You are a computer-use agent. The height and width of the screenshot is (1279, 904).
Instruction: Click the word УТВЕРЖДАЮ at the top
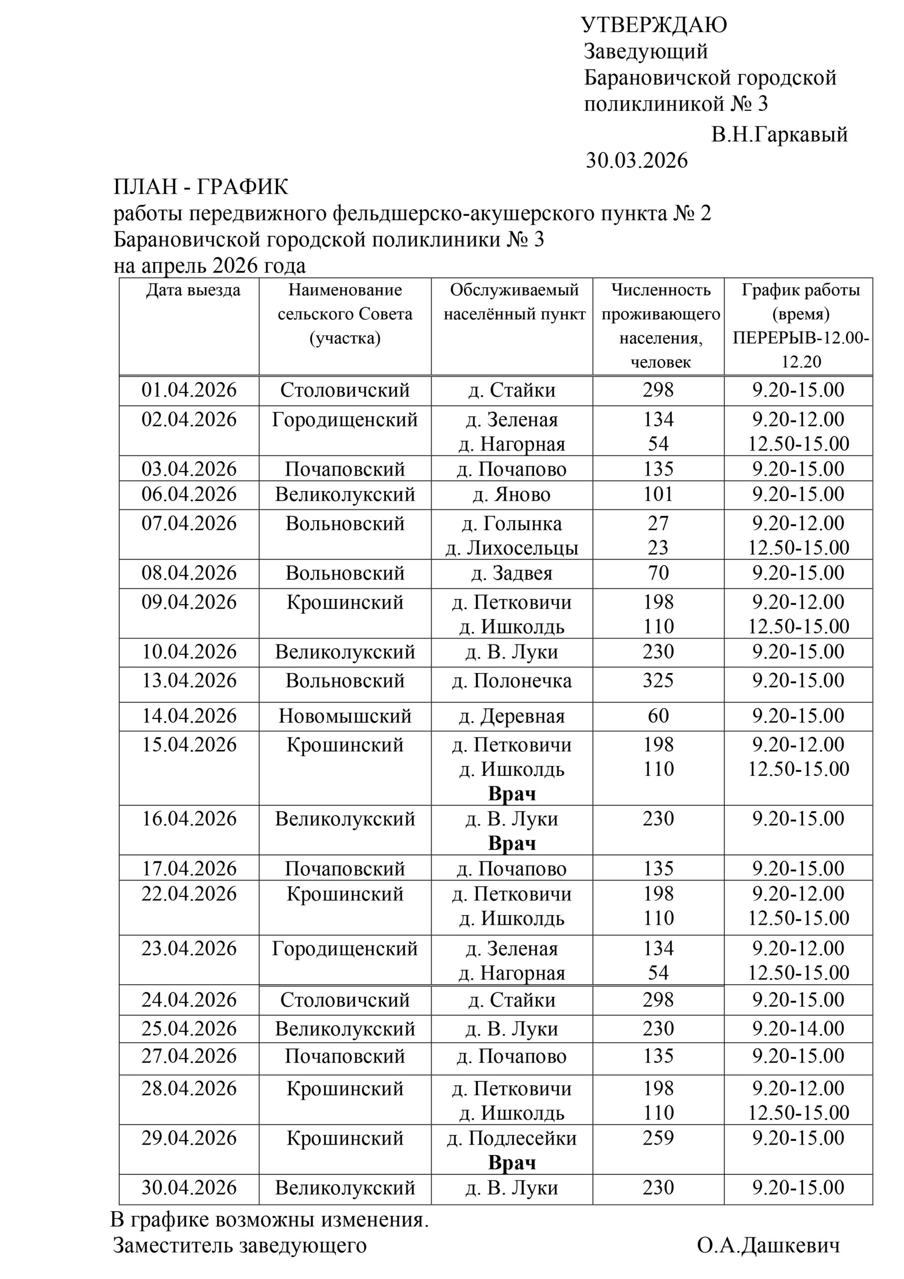coord(654,25)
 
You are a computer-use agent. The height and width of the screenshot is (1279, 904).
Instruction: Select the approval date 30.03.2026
coord(637,160)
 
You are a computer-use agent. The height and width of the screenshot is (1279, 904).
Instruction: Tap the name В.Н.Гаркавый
coord(779,134)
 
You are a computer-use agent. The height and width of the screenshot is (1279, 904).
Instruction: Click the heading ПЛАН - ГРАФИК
coord(201,187)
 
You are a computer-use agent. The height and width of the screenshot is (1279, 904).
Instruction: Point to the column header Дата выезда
coord(193,290)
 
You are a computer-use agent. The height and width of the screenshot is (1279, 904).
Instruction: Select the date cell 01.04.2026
coord(189,390)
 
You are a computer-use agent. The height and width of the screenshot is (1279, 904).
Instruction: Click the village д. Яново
coord(511,494)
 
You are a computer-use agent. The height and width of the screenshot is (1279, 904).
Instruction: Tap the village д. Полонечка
coord(511,681)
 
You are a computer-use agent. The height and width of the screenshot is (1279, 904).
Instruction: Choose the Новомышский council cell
coord(345,716)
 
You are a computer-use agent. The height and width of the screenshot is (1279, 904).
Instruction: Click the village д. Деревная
coord(511,716)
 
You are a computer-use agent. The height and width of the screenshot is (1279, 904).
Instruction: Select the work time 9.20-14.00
coord(798,1028)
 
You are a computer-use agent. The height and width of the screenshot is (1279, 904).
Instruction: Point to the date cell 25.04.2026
coord(189,1028)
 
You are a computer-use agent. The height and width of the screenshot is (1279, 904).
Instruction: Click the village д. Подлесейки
coord(511,1138)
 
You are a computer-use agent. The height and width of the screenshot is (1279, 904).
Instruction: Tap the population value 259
coord(658,1138)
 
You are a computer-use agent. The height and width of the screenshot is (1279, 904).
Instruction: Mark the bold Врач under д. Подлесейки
coord(511,1163)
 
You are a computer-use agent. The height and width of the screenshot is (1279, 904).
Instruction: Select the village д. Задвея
coord(511,573)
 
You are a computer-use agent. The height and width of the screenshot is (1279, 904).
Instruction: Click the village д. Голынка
coord(511,524)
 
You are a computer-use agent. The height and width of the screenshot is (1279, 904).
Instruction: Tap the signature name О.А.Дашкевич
coord(768,1245)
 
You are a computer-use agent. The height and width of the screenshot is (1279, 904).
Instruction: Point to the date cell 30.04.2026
coord(189,1188)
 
